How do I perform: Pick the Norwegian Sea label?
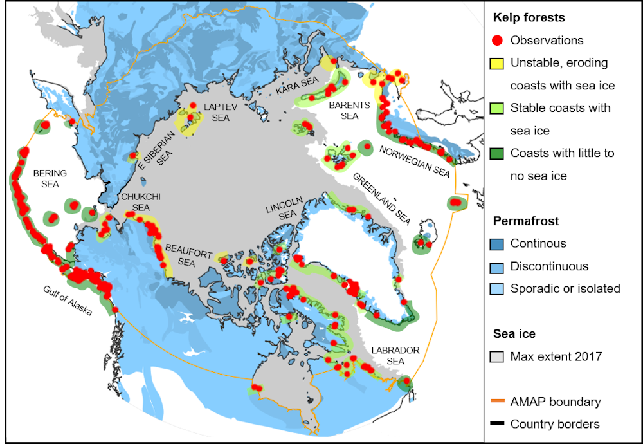[x=414, y=161]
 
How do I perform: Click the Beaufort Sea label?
[x=180, y=255]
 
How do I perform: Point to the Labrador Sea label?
[x=395, y=356]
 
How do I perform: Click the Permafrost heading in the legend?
[x=526, y=221]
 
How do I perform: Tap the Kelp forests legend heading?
[x=528, y=17]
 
